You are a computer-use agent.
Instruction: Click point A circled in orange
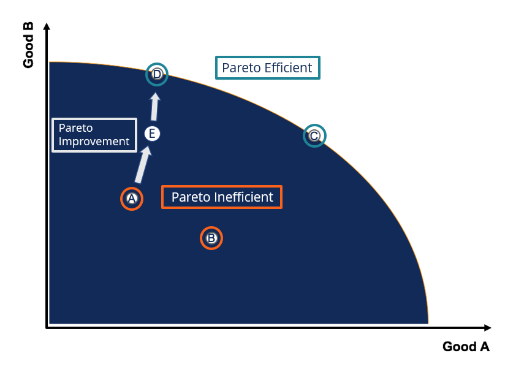131,199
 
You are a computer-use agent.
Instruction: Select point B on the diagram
211,238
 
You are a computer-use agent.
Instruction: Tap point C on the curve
314,135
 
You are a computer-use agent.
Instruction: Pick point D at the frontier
157,74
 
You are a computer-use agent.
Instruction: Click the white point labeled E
152,133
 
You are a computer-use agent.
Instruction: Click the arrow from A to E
142,165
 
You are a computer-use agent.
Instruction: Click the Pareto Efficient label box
267,68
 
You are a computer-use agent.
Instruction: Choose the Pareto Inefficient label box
222,197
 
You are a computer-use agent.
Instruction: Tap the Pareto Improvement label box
94,135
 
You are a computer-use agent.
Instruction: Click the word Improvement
94,142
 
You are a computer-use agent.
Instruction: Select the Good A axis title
466,347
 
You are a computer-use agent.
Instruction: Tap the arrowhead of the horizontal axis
487,328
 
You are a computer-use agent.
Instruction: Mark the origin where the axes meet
47,328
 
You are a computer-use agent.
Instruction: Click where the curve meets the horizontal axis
428,324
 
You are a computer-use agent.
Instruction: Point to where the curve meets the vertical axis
49,62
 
